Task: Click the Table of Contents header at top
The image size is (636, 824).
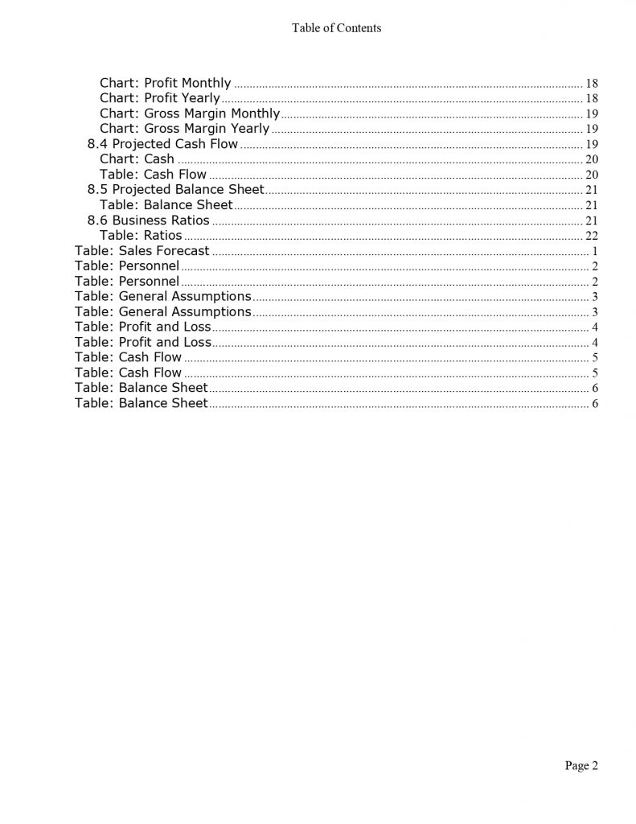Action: click(x=336, y=28)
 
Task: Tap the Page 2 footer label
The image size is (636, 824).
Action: click(x=581, y=766)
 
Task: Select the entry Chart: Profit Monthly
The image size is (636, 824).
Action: click(x=165, y=83)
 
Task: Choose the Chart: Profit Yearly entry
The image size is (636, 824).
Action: click(x=159, y=98)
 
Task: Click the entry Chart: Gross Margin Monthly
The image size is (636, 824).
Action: click(x=189, y=113)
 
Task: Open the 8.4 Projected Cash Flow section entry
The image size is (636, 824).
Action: click(x=162, y=144)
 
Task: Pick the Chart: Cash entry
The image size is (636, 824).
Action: click(x=137, y=159)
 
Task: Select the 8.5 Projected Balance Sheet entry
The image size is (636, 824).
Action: click(x=175, y=190)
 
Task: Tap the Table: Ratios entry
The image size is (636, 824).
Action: click(x=141, y=236)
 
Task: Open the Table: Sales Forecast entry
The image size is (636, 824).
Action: click(x=142, y=251)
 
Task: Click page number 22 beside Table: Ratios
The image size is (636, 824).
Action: click(x=592, y=236)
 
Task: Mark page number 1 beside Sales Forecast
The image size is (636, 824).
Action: click(x=594, y=251)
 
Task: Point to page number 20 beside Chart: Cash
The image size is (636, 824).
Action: click(x=592, y=159)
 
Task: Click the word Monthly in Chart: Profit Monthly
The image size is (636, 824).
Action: click(x=207, y=83)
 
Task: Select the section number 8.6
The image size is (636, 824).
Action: click(x=97, y=220)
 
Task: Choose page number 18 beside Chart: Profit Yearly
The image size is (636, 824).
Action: click(x=592, y=98)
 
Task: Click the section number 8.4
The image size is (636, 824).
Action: click(x=97, y=144)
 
